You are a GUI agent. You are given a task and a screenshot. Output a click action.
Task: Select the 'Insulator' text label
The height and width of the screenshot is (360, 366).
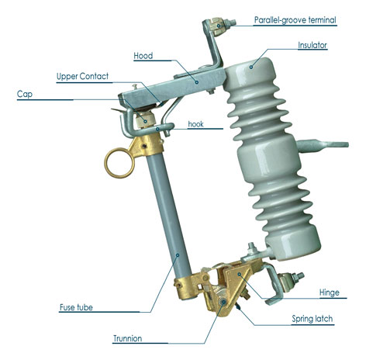(312, 46)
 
